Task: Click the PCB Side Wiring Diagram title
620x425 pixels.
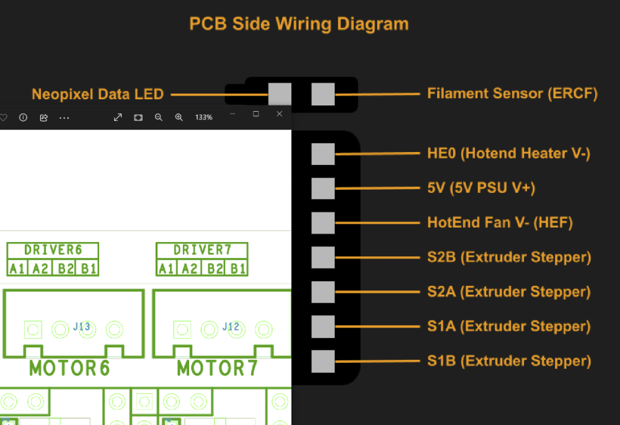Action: click(299, 24)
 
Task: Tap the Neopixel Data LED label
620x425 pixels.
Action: click(98, 94)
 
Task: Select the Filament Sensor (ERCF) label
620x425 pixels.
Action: click(513, 94)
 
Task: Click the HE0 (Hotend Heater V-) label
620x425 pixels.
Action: click(509, 153)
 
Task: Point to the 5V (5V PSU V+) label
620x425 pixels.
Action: click(481, 188)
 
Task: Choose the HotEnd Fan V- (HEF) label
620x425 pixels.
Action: click(500, 222)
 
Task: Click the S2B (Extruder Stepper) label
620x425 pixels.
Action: click(509, 257)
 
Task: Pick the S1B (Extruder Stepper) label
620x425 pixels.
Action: click(509, 361)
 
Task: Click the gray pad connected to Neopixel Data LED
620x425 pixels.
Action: click(280, 94)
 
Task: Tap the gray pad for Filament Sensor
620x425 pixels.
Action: click(323, 94)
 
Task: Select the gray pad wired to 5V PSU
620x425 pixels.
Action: click(323, 189)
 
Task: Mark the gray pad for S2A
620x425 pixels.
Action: click(323, 292)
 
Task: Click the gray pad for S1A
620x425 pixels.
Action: click(323, 326)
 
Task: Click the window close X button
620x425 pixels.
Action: click(280, 114)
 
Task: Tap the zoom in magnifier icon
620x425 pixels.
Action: click(179, 117)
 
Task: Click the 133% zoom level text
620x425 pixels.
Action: click(203, 117)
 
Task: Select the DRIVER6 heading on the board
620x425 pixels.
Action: click(53, 249)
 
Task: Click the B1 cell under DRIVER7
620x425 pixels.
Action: click(237, 269)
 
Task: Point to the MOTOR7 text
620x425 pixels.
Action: click(217, 369)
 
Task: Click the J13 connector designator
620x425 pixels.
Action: click(81, 326)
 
